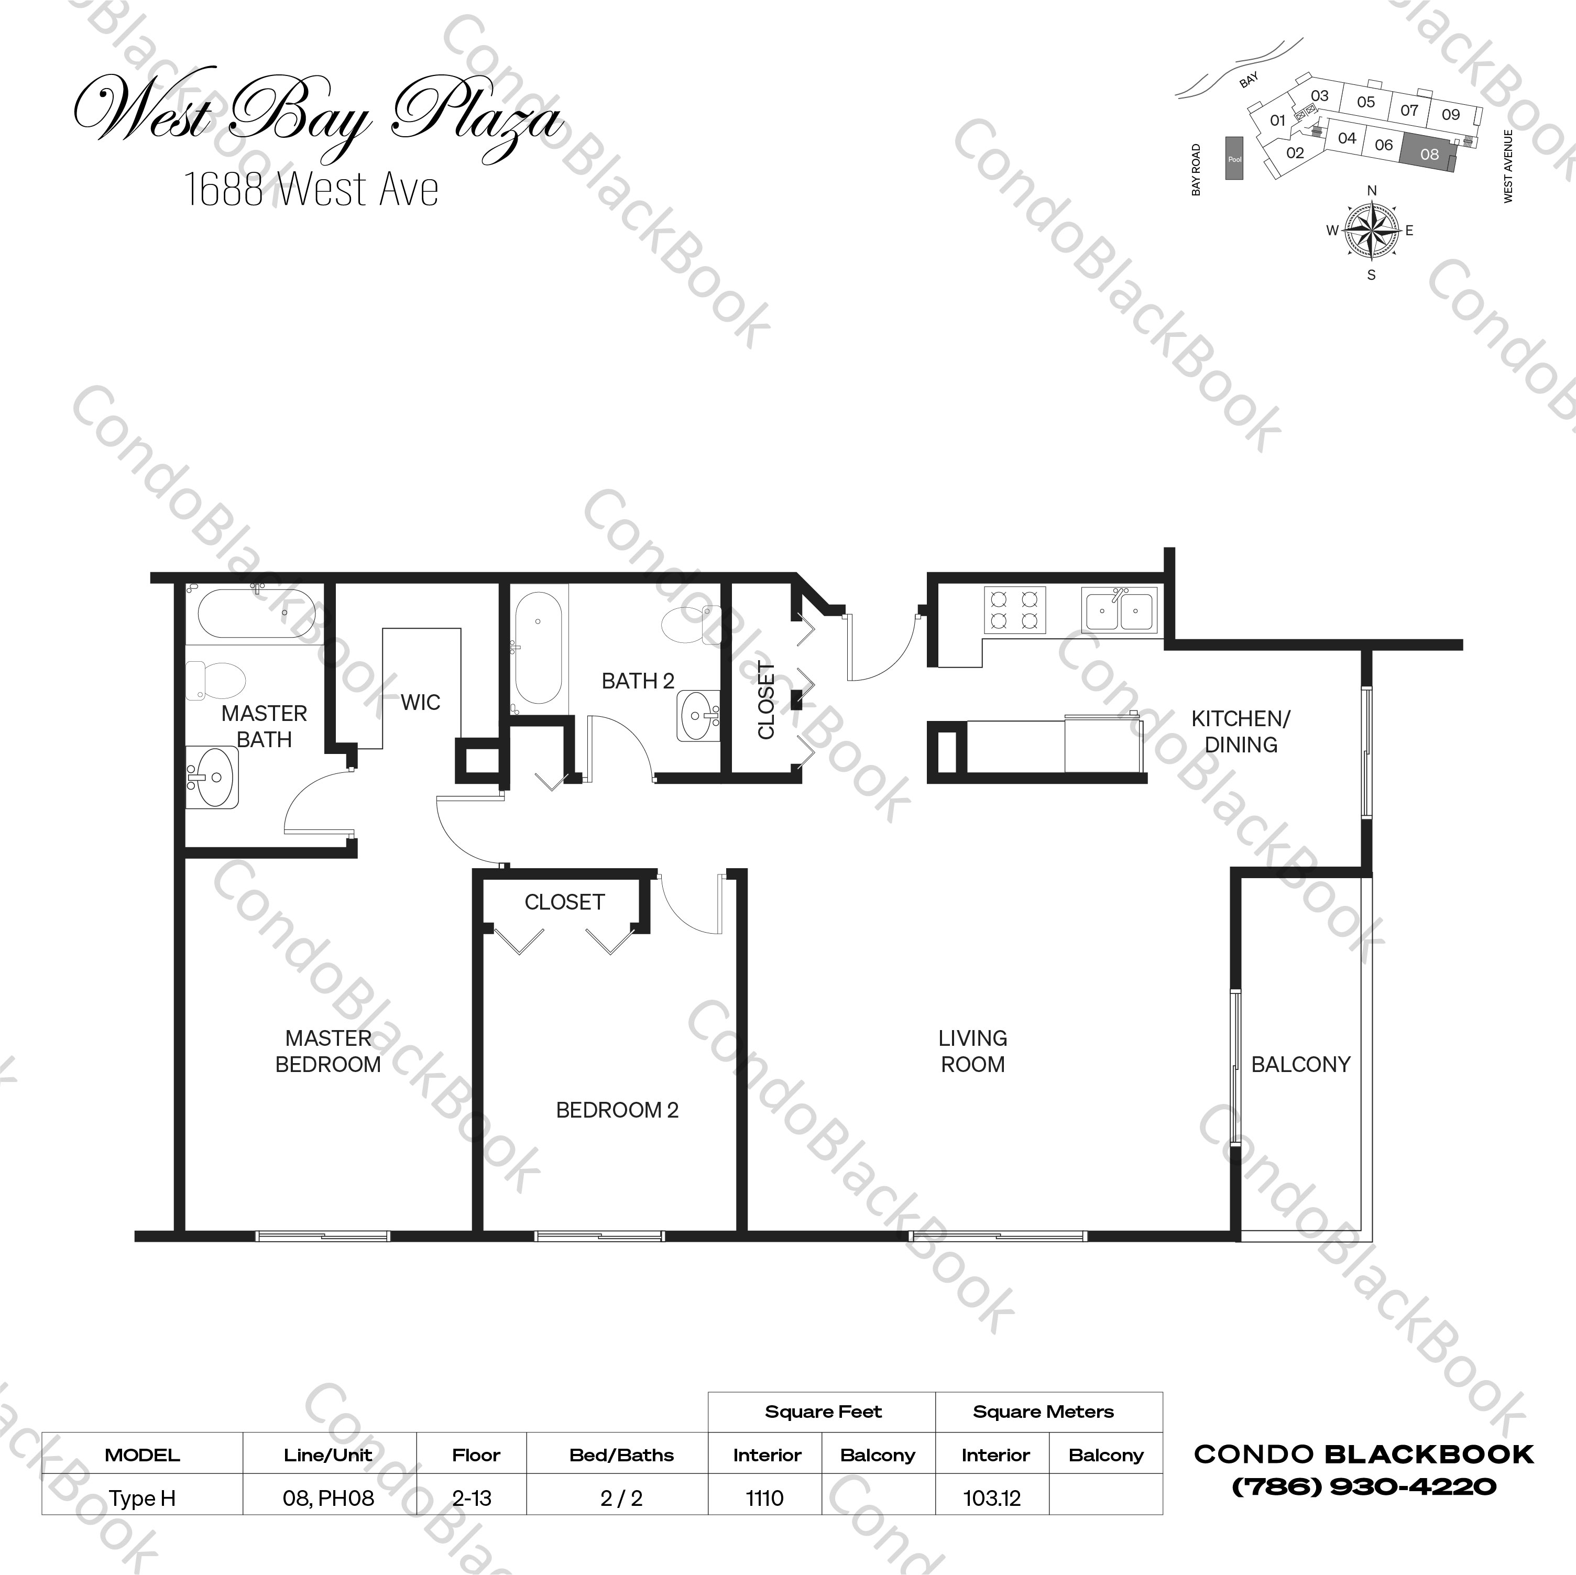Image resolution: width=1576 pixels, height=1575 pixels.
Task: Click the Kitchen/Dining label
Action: pos(1241,731)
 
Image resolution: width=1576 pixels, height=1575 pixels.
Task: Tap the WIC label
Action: pos(420,702)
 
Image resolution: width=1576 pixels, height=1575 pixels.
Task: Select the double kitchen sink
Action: pos(1119,610)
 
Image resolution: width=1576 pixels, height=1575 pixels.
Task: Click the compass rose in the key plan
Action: pos(1371,230)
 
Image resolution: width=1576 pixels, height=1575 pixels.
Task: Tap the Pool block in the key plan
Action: pos(1234,159)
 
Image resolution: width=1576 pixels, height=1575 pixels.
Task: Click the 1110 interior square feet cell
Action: pos(764,1497)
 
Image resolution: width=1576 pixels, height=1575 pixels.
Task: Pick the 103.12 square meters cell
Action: pos(992,1497)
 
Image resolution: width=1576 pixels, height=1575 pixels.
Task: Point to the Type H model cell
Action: pos(143,1497)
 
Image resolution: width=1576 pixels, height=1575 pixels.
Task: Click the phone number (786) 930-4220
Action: pos(1363,1486)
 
